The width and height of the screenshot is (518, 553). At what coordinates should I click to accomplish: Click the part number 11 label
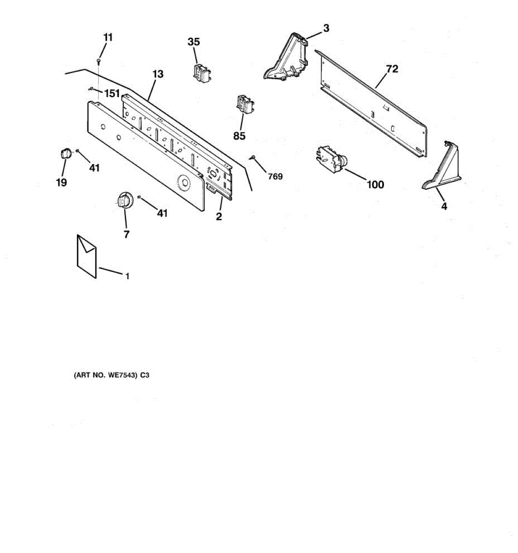pyautogui.click(x=107, y=37)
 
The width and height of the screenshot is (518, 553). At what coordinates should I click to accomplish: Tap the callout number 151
pyautogui.click(x=111, y=94)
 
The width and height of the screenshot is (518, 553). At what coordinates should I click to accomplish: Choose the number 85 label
pyautogui.click(x=239, y=136)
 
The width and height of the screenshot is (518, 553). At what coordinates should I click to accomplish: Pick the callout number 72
pyautogui.click(x=392, y=69)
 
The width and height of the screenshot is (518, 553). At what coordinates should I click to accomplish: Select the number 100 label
pyautogui.click(x=375, y=185)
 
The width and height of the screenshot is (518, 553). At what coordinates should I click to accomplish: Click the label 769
pyautogui.click(x=275, y=176)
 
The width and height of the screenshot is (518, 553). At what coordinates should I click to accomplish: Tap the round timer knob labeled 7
pyautogui.click(x=123, y=200)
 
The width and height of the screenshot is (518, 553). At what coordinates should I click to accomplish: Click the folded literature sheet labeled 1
pyautogui.click(x=87, y=256)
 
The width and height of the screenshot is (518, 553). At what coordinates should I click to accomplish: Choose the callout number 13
pyautogui.click(x=158, y=74)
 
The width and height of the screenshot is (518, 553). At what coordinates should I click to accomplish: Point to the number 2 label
pyautogui.click(x=219, y=216)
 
